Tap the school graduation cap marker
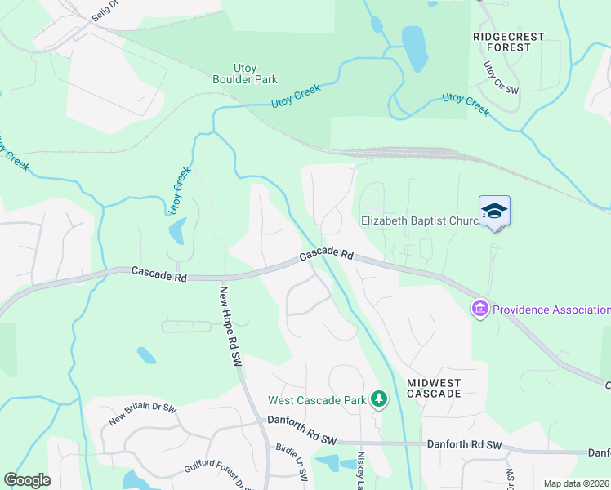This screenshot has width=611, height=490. coord(494,212)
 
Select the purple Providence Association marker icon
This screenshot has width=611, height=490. coord(479,309)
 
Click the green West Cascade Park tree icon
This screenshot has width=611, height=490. coord(378,399)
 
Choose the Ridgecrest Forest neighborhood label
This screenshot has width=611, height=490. coord(513,42)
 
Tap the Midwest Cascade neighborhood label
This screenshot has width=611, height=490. coord(433,388)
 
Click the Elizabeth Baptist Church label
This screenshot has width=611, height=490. coord(418,220)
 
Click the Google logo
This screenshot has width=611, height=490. coord(27,480)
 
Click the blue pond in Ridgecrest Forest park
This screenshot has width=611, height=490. coord(415,48)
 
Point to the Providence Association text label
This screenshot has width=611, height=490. coord(551,310)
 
